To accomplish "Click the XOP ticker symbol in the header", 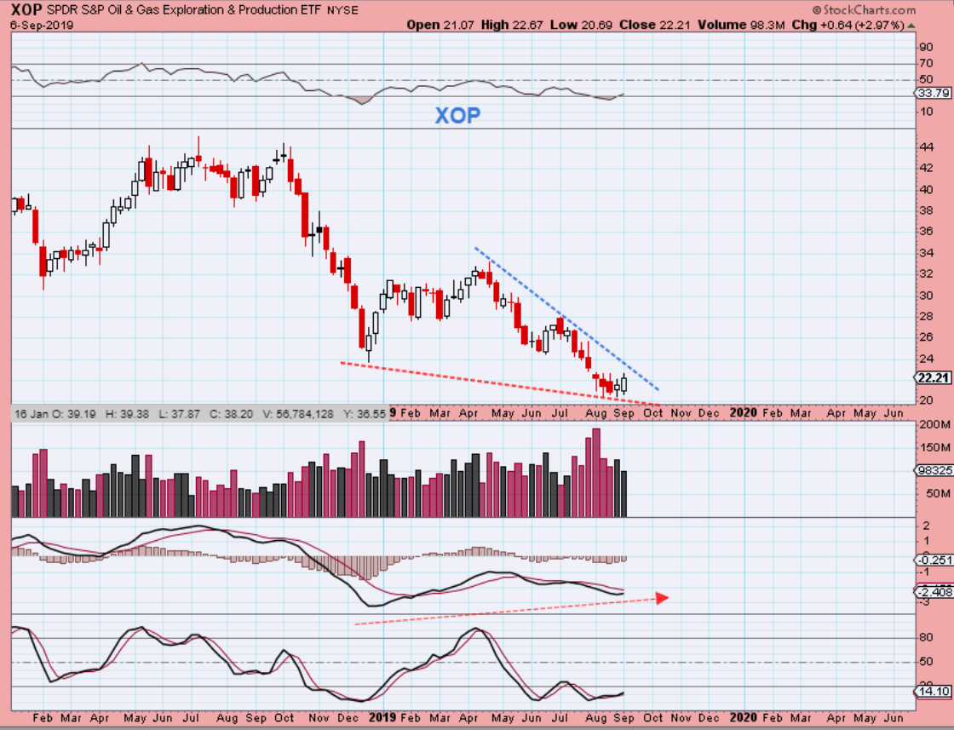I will (x=26, y=9).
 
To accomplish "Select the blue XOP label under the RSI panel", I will (x=457, y=116).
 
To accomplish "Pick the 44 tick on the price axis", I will (x=925, y=147).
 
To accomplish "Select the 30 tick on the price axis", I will (x=925, y=295).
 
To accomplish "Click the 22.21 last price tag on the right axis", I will (x=932, y=377).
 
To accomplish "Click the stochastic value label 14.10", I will (x=934, y=692).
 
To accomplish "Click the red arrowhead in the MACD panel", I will (x=662, y=597).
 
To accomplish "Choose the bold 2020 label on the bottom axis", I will (x=743, y=717).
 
